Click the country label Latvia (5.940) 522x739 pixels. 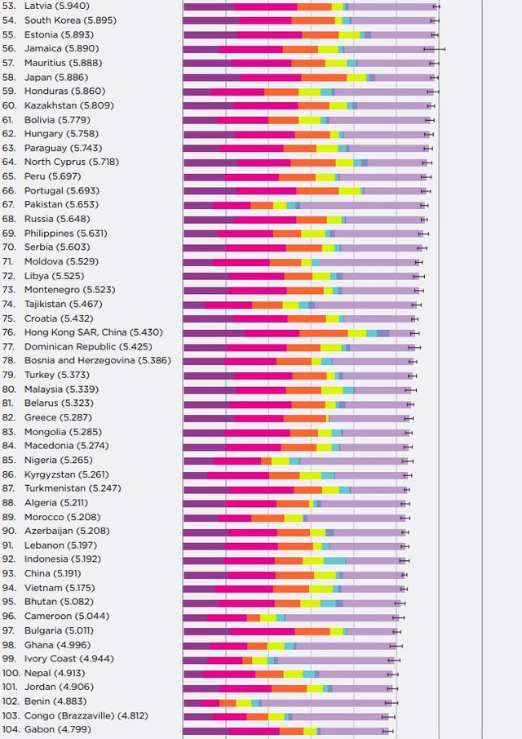pyautogui.click(x=58, y=6)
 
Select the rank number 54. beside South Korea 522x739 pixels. pyautogui.click(x=9, y=20)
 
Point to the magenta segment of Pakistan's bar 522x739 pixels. pyautogui.click(x=232, y=205)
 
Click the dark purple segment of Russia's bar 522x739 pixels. pyautogui.click(x=209, y=219)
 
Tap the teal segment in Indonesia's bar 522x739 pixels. pyautogui.click(x=334, y=559)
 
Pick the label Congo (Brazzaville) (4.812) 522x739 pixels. pyautogui.click(x=86, y=715)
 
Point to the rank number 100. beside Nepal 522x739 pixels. pyautogui.click(x=11, y=673)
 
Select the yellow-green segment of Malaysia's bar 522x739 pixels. pyautogui.click(x=331, y=390)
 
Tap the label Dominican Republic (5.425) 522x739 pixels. pyautogui.click(x=86, y=346)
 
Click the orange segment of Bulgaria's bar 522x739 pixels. pyautogui.click(x=312, y=630)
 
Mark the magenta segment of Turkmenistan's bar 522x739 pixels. pyautogui.click(x=260, y=489)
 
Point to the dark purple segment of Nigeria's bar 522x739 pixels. pyautogui.click(x=198, y=461)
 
